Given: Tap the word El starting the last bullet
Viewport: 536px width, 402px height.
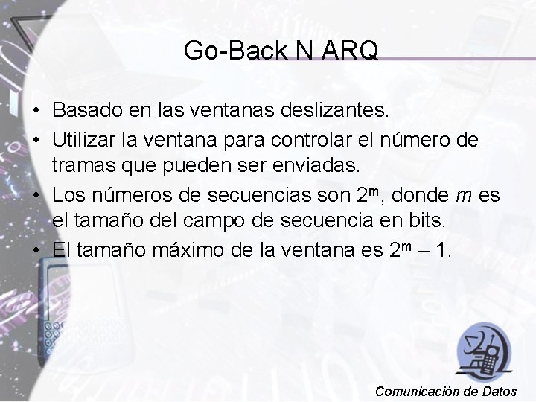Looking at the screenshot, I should click(x=62, y=249).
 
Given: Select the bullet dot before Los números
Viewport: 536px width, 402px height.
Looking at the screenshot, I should click(x=36, y=196).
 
